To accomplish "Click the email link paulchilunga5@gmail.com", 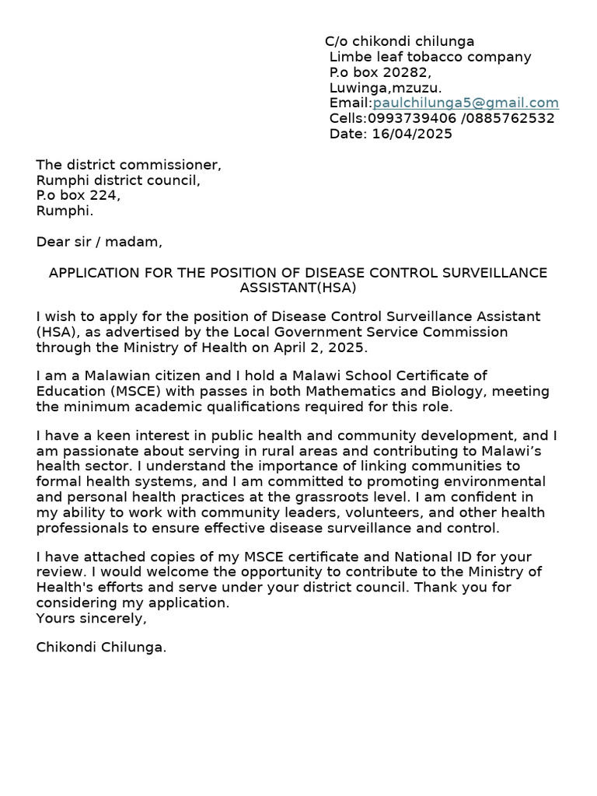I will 466,103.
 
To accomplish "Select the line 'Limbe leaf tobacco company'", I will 430,57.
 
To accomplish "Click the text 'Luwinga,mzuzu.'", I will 386,88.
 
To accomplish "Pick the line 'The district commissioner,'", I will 128,165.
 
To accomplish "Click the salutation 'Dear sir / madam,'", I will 99,242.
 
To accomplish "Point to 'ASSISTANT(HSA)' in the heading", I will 298,288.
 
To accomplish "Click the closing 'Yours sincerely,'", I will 91,619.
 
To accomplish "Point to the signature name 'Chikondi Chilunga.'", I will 101,647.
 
